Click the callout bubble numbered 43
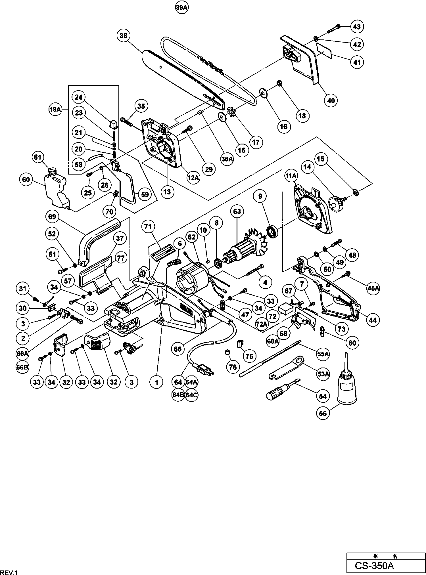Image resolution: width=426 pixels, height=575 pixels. click(x=356, y=27)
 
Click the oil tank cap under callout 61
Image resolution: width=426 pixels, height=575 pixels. click(x=52, y=172)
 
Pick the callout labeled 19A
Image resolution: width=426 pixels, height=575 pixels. click(x=55, y=110)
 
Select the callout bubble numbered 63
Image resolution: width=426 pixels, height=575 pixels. click(x=237, y=211)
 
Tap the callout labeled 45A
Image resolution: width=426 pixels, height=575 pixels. click(x=373, y=288)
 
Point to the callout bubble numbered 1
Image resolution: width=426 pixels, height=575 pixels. click(x=156, y=382)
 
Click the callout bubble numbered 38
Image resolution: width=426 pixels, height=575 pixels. click(x=124, y=36)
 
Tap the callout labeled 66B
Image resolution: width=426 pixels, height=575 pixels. click(x=22, y=367)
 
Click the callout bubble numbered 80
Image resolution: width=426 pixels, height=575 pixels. click(x=352, y=343)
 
